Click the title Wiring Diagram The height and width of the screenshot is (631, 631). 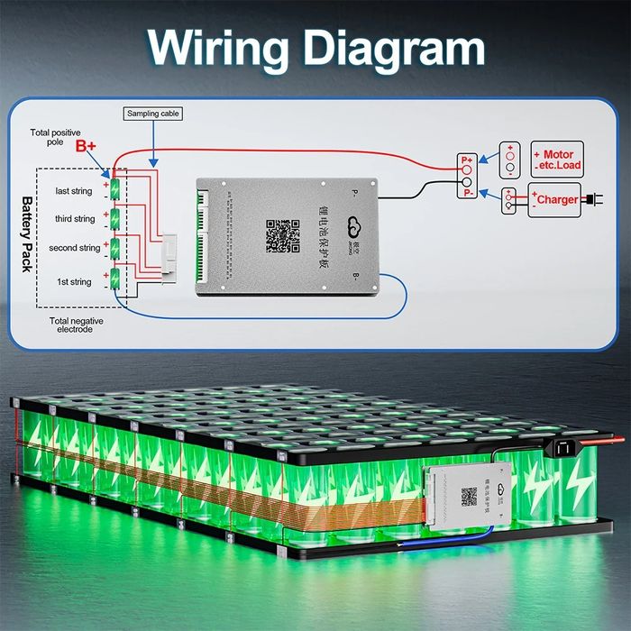coord(315,47)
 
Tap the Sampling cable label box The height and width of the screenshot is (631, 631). coord(152,114)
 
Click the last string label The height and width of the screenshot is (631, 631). coord(74,191)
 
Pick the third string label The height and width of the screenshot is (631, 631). coord(74,219)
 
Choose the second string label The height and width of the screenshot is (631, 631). coord(74,248)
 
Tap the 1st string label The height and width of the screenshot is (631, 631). coord(74,282)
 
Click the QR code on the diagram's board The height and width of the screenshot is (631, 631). coord(282,235)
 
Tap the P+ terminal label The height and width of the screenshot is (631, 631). coord(466,160)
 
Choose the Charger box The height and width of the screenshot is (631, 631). coord(553,199)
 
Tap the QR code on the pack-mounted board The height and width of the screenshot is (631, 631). coord(469,497)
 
